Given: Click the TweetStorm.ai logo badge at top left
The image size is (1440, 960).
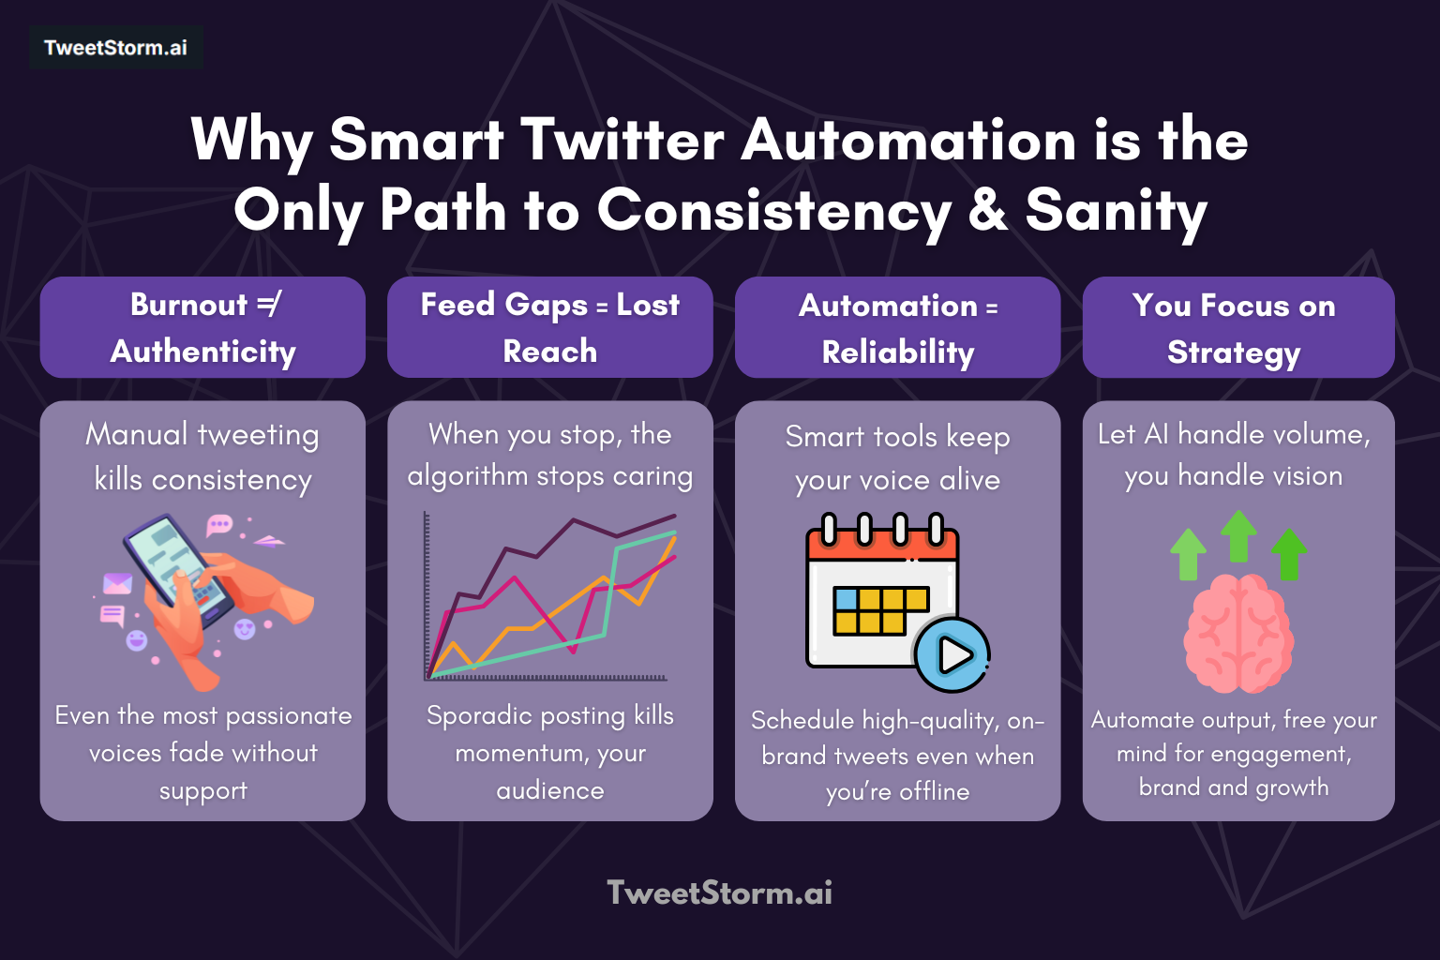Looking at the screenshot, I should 115,48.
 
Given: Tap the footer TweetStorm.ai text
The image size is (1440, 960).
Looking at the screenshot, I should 719,892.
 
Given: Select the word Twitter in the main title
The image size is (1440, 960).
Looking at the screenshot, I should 622,141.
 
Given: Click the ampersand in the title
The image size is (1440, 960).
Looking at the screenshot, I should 988,210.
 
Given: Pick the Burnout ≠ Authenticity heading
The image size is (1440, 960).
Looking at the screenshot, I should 202,327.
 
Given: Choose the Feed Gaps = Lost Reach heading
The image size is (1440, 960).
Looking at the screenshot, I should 550,327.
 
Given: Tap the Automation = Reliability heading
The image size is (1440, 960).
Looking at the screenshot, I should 897,327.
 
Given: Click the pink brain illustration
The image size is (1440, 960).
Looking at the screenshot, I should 1238,634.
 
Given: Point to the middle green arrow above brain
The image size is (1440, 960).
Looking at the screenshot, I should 1238,535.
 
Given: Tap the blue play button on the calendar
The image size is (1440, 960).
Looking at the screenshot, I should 952,654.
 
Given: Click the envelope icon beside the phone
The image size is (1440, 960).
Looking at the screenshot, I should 117,584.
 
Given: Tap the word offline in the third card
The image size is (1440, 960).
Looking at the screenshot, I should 934,791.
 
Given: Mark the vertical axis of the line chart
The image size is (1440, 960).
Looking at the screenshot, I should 427,594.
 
